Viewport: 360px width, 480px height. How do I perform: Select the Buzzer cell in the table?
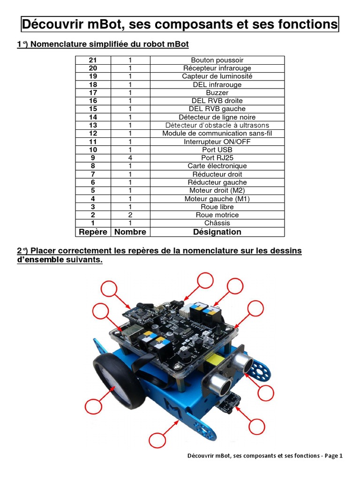[x=217, y=93]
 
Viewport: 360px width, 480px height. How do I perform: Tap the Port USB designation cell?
[x=217, y=150]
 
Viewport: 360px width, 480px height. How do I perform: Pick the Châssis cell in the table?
[x=217, y=223]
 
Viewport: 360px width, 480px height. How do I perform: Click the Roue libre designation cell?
[x=217, y=207]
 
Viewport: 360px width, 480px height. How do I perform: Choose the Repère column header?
[x=93, y=232]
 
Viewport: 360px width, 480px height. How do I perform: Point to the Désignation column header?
[x=217, y=232]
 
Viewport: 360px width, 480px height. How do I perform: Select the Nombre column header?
[x=130, y=232]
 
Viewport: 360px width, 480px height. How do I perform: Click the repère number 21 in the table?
[x=93, y=60]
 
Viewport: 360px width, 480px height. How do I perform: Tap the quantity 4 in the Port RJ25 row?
[x=130, y=158]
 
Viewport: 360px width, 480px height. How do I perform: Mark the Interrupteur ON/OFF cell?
[x=217, y=142]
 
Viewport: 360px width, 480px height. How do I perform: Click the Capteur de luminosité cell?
[x=217, y=76]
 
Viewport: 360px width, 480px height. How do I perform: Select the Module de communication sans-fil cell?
[x=217, y=133]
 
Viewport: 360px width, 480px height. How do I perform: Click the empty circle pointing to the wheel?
[x=93, y=407]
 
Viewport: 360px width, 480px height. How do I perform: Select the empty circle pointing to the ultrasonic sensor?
[x=265, y=393]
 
